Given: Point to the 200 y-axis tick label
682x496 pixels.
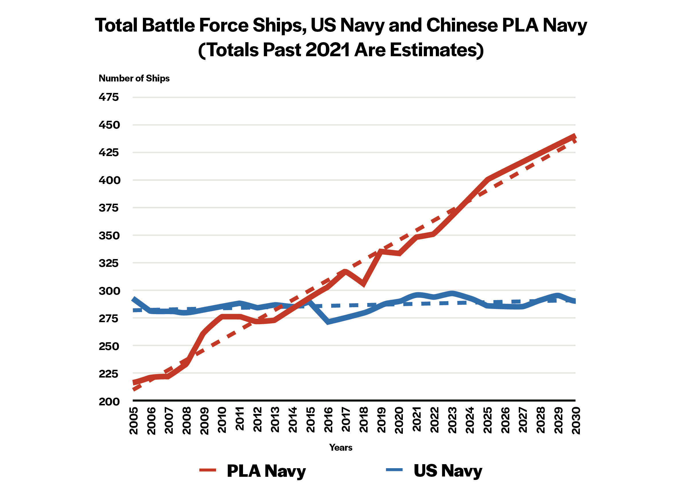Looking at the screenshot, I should coord(109,402).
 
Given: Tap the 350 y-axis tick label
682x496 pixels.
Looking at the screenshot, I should coord(109,236).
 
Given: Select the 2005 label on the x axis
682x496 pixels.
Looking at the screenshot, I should coord(133,421).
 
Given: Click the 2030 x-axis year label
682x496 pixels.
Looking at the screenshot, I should coord(576,421).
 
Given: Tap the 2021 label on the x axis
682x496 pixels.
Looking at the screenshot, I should coord(417,420).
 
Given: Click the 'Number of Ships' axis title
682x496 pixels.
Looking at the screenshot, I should coord(134,78).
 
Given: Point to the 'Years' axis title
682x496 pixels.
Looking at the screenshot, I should coord(341,448).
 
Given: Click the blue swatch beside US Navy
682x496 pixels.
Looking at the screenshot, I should coord(395,470).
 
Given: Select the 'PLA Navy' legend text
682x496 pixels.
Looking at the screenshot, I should coord(266,471).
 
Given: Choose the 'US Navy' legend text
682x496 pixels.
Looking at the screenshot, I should coord(448,471).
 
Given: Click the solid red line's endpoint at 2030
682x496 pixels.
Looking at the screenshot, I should coord(575,136).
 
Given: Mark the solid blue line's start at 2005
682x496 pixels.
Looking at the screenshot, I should coord(133,299).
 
